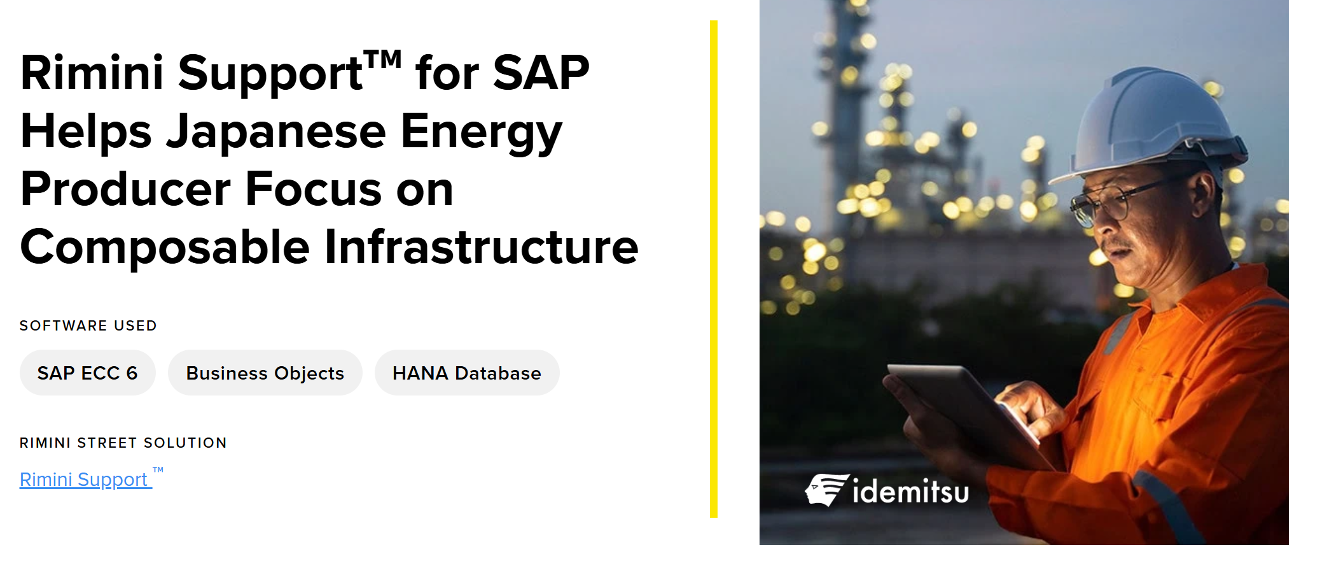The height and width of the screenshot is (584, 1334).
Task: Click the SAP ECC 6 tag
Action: click(x=88, y=373)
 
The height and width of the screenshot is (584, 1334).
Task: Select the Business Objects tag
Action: click(x=265, y=373)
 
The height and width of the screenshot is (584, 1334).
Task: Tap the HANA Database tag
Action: click(x=467, y=373)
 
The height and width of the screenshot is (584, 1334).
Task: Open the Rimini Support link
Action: click(x=86, y=480)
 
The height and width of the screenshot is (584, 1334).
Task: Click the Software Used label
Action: click(x=88, y=325)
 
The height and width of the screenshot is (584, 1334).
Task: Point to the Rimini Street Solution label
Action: click(x=123, y=443)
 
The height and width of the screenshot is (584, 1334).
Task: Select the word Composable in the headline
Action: click(x=165, y=247)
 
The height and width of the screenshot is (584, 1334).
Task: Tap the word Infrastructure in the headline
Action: click(x=482, y=247)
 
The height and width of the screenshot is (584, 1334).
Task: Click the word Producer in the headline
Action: click(x=125, y=189)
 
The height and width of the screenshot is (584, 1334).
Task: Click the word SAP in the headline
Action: click(x=541, y=73)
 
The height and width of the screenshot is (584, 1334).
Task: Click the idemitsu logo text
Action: click(x=910, y=492)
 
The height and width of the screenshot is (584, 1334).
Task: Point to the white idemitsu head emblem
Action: click(x=826, y=490)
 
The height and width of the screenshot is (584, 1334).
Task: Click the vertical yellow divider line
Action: click(x=714, y=269)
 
